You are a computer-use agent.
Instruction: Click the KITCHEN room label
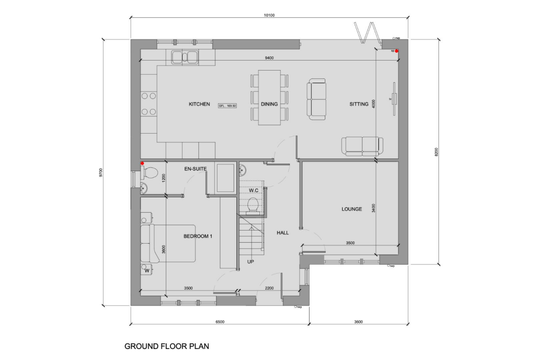(199, 104)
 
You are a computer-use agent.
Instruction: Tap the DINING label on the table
(269, 104)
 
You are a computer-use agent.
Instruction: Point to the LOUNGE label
(352, 209)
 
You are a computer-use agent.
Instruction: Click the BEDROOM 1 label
(197, 236)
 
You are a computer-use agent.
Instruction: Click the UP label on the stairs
(251, 261)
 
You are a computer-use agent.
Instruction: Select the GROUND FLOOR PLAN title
(166, 346)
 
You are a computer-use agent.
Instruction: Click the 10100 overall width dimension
(269, 15)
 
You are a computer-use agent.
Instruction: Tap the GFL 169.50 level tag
(228, 105)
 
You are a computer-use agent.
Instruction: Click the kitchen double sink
(184, 56)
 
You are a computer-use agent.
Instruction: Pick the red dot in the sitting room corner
(397, 51)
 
